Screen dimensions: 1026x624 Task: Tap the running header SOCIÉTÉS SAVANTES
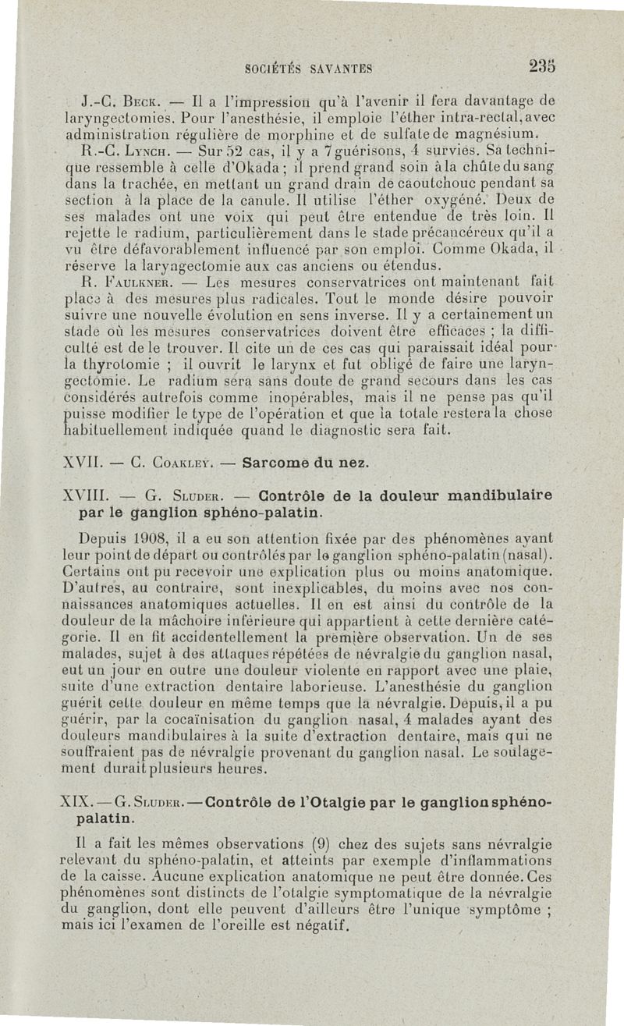pos(307,68)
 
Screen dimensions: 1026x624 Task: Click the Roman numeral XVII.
pos(77,462)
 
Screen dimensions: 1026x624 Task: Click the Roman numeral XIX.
pos(74,803)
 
